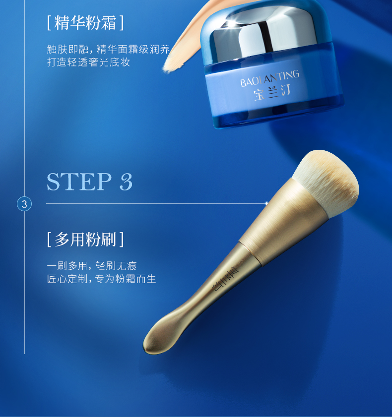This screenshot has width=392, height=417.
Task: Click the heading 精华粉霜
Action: tap(85, 23)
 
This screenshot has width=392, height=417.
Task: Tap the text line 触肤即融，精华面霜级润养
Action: tap(108, 49)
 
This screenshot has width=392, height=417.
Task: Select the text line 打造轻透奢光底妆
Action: tap(89, 62)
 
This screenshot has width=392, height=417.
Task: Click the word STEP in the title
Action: tap(79, 181)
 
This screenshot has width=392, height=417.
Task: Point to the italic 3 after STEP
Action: tap(126, 181)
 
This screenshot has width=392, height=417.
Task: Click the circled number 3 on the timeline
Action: tap(24, 204)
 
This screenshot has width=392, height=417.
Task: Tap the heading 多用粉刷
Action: tap(85, 239)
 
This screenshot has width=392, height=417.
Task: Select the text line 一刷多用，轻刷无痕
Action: tap(92, 266)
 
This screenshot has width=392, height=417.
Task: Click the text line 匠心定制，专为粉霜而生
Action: tap(101, 279)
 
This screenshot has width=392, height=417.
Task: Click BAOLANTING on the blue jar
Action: tap(269, 78)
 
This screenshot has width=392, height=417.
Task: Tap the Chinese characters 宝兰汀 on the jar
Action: tap(272, 93)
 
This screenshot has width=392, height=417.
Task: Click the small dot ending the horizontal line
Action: tap(266, 204)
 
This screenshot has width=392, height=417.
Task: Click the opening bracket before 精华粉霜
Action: tap(49, 23)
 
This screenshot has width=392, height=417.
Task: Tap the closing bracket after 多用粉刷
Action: tap(122, 239)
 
